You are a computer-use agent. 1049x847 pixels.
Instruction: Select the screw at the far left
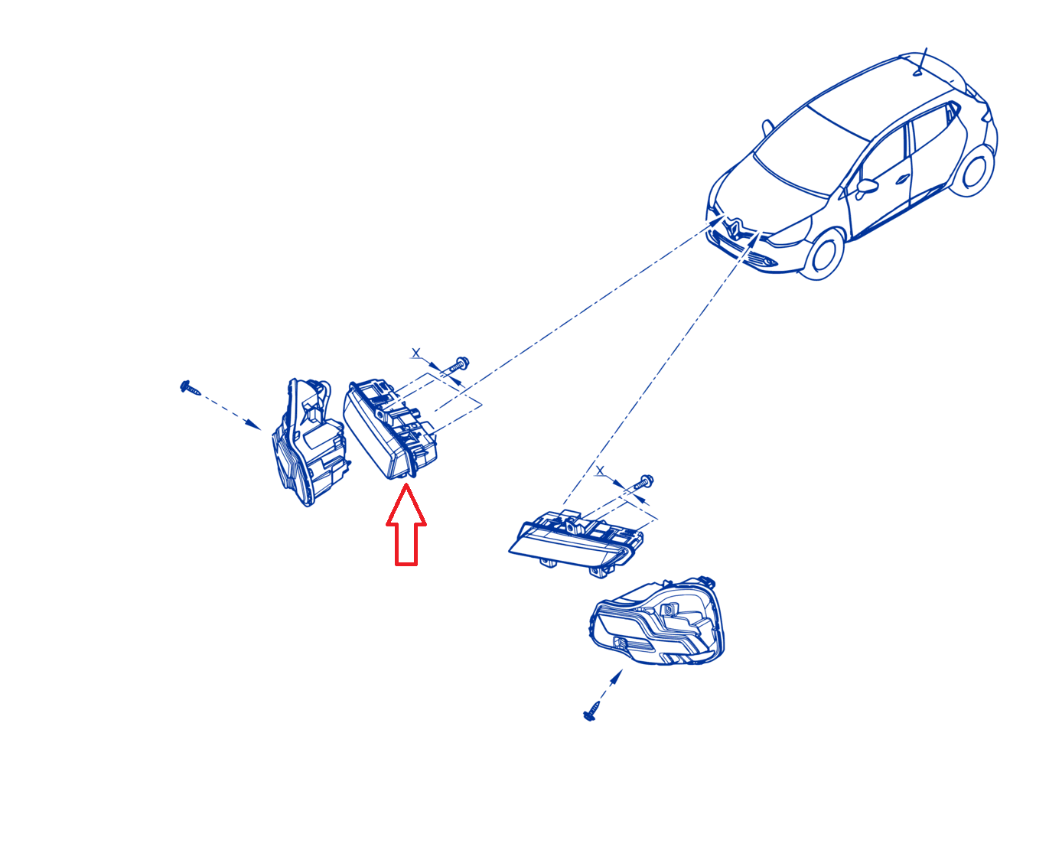tap(190, 388)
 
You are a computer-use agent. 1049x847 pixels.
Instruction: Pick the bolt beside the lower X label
tap(642, 482)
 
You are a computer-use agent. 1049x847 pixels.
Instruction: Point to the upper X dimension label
tap(416, 353)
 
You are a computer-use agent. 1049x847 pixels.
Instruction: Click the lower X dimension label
tap(600, 471)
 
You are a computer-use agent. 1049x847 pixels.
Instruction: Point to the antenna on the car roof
tap(921, 62)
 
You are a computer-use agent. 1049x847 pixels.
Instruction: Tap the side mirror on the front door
tap(866, 187)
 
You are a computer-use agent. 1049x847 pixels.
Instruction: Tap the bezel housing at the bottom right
tap(658, 622)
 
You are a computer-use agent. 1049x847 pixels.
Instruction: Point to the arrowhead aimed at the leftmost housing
tap(253, 424)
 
